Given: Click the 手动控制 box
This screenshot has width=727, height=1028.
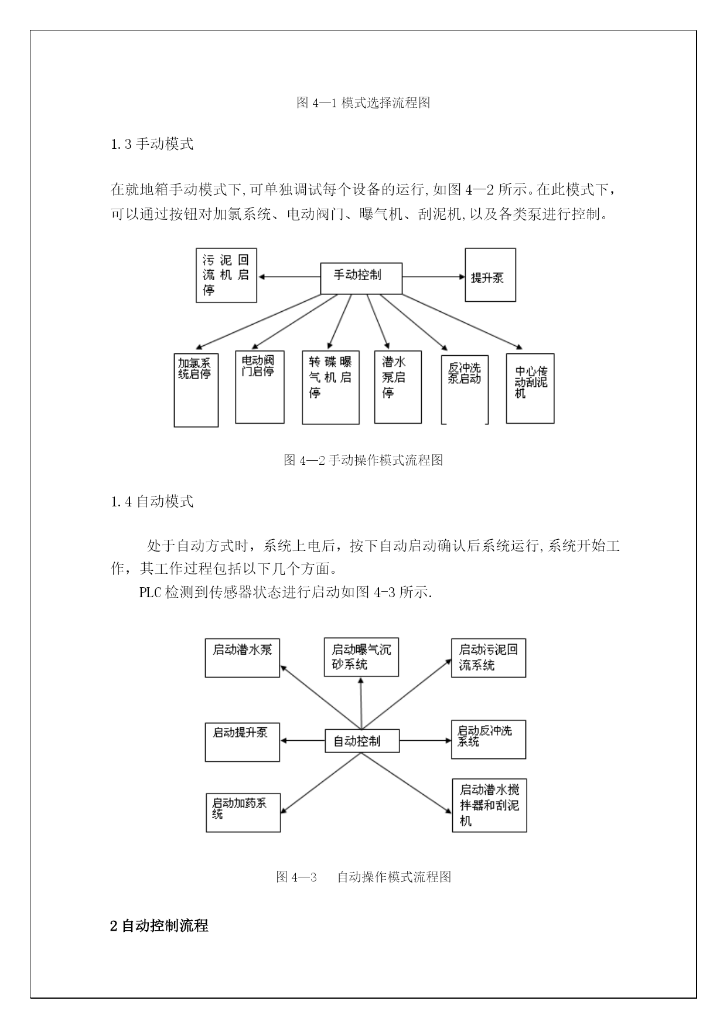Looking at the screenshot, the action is click(x=361, y=278).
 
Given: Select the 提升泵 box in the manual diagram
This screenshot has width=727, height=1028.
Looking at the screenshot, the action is click(x=490, y=275).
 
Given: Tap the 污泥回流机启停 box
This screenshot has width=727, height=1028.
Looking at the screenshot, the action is click(x=226, y=275).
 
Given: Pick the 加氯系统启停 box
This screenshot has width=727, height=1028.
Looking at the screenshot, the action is click(x=196, y=390).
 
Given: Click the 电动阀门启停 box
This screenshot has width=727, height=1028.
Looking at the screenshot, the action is click(x=260, y=387).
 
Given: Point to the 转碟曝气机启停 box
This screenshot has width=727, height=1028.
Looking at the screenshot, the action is click(x=330, y=387).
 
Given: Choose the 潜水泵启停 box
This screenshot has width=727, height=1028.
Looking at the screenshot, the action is click(x=398, y=387).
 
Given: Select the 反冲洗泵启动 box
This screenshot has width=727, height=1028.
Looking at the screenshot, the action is click(x=465, y=389).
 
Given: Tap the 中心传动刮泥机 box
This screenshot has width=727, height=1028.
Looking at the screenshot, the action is click(x=530, y=388).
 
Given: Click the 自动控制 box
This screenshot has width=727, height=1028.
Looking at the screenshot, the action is click(x=362, y=741).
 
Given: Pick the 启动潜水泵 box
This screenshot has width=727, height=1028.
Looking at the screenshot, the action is click(x=243, y=658).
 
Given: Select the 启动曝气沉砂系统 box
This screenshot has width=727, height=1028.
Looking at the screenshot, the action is click(x=361, y=657).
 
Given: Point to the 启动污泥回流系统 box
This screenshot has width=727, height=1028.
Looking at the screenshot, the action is click(x=489, y=658).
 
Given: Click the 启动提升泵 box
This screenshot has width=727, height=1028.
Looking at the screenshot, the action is click(x=243, y=742).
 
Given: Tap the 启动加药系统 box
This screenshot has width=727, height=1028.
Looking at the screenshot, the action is click(x=243, y=812).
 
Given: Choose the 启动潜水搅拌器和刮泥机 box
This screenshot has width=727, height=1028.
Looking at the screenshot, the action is click(x=489, y=805).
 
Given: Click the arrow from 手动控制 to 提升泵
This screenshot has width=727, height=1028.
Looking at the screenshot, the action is click(x=434, y=277).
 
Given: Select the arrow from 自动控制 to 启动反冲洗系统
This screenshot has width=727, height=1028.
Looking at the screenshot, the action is click(x=425, y=740).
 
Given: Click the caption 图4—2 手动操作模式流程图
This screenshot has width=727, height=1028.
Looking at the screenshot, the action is click(x=363, y=460).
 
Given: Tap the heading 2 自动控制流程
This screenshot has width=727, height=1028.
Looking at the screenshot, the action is click(x=159, y=926).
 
